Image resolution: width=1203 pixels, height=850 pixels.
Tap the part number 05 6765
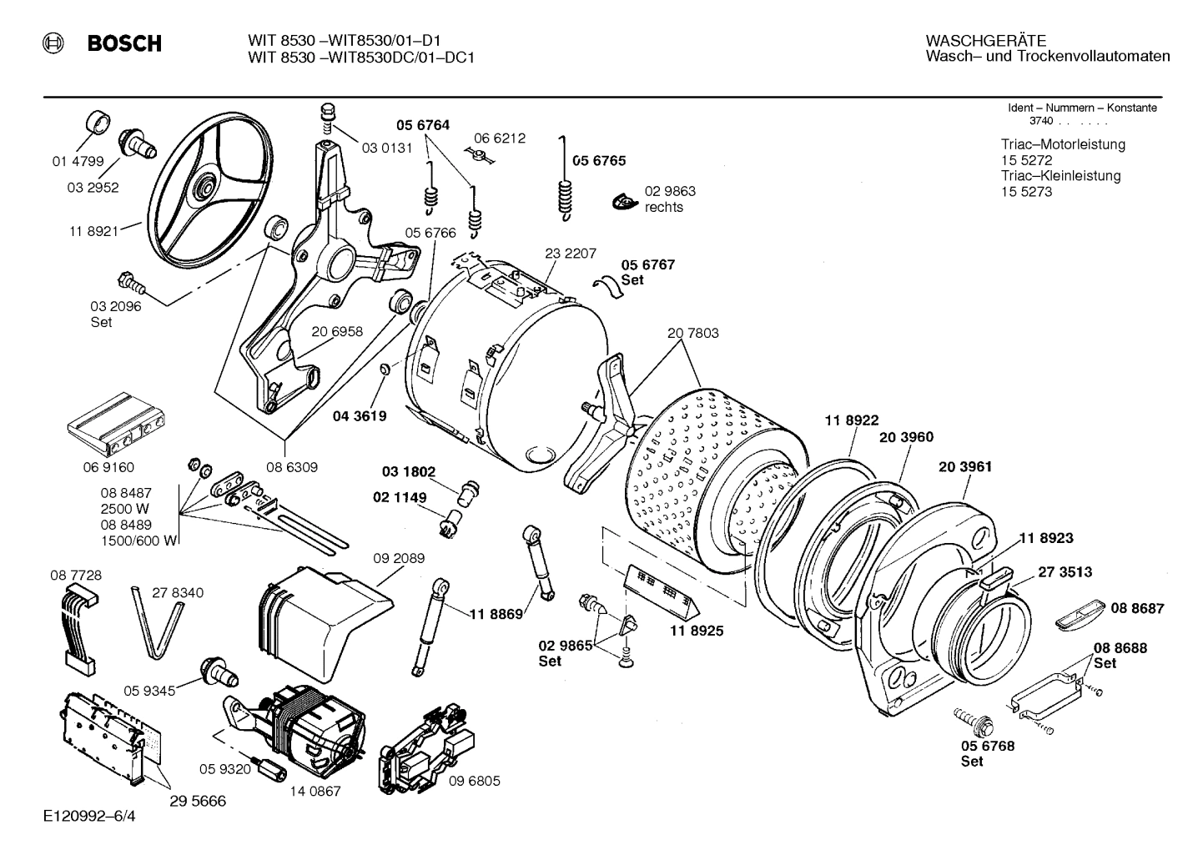click(598, 161)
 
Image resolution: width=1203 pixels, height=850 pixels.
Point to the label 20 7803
click(692, 333)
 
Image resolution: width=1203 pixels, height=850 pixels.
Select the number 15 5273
click(1026, 192)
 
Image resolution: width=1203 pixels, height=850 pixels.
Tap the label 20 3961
click(965, 467)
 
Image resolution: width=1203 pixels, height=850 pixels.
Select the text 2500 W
click(124, 509)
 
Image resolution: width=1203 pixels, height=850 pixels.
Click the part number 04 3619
click(360, 415)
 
